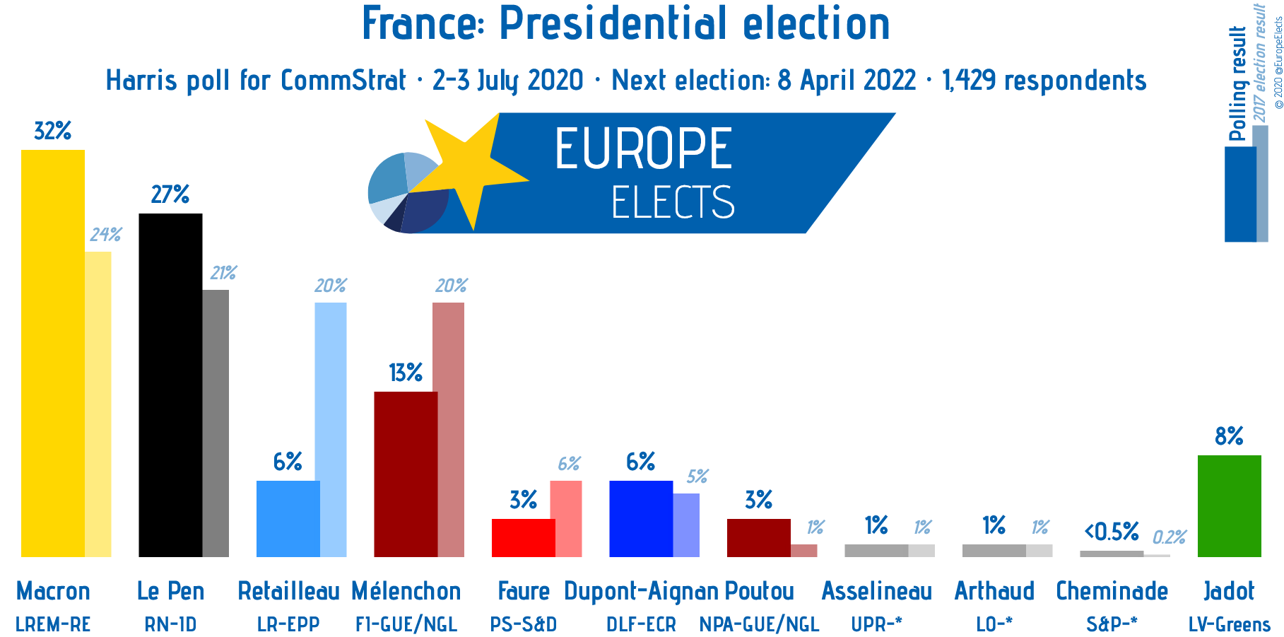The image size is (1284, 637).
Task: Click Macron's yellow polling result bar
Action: tap(53, 353)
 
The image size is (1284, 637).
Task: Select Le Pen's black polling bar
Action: tap(170, 385)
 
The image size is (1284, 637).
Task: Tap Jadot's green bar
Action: tap(1230, 506)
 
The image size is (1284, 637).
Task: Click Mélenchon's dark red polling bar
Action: tap(406, 474)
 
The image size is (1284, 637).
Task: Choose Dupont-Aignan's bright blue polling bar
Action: tap(641, 519)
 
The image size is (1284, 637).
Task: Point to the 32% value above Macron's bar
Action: tap(53, 131)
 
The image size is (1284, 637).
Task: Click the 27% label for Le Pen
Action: tap(170, 194)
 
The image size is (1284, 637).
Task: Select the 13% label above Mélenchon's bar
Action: tap(406, 373)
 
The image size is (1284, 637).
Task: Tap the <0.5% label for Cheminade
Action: tap(1112, 531)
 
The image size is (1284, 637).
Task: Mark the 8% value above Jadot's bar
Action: tap(1230, 436)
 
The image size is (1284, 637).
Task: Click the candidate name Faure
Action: tap(524, 591)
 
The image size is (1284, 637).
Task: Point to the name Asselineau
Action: tap(877, 591)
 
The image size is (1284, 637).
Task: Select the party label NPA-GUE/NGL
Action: tap(759, 625)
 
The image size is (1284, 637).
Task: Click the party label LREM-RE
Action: tap(53, 625)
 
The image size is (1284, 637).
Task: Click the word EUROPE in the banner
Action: tap(644, 148)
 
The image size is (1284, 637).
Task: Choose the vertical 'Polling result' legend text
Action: tap(1238, 83)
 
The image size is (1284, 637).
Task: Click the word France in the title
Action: tap(420, 23)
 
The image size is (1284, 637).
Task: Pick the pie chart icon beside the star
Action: tap(408, 192)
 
